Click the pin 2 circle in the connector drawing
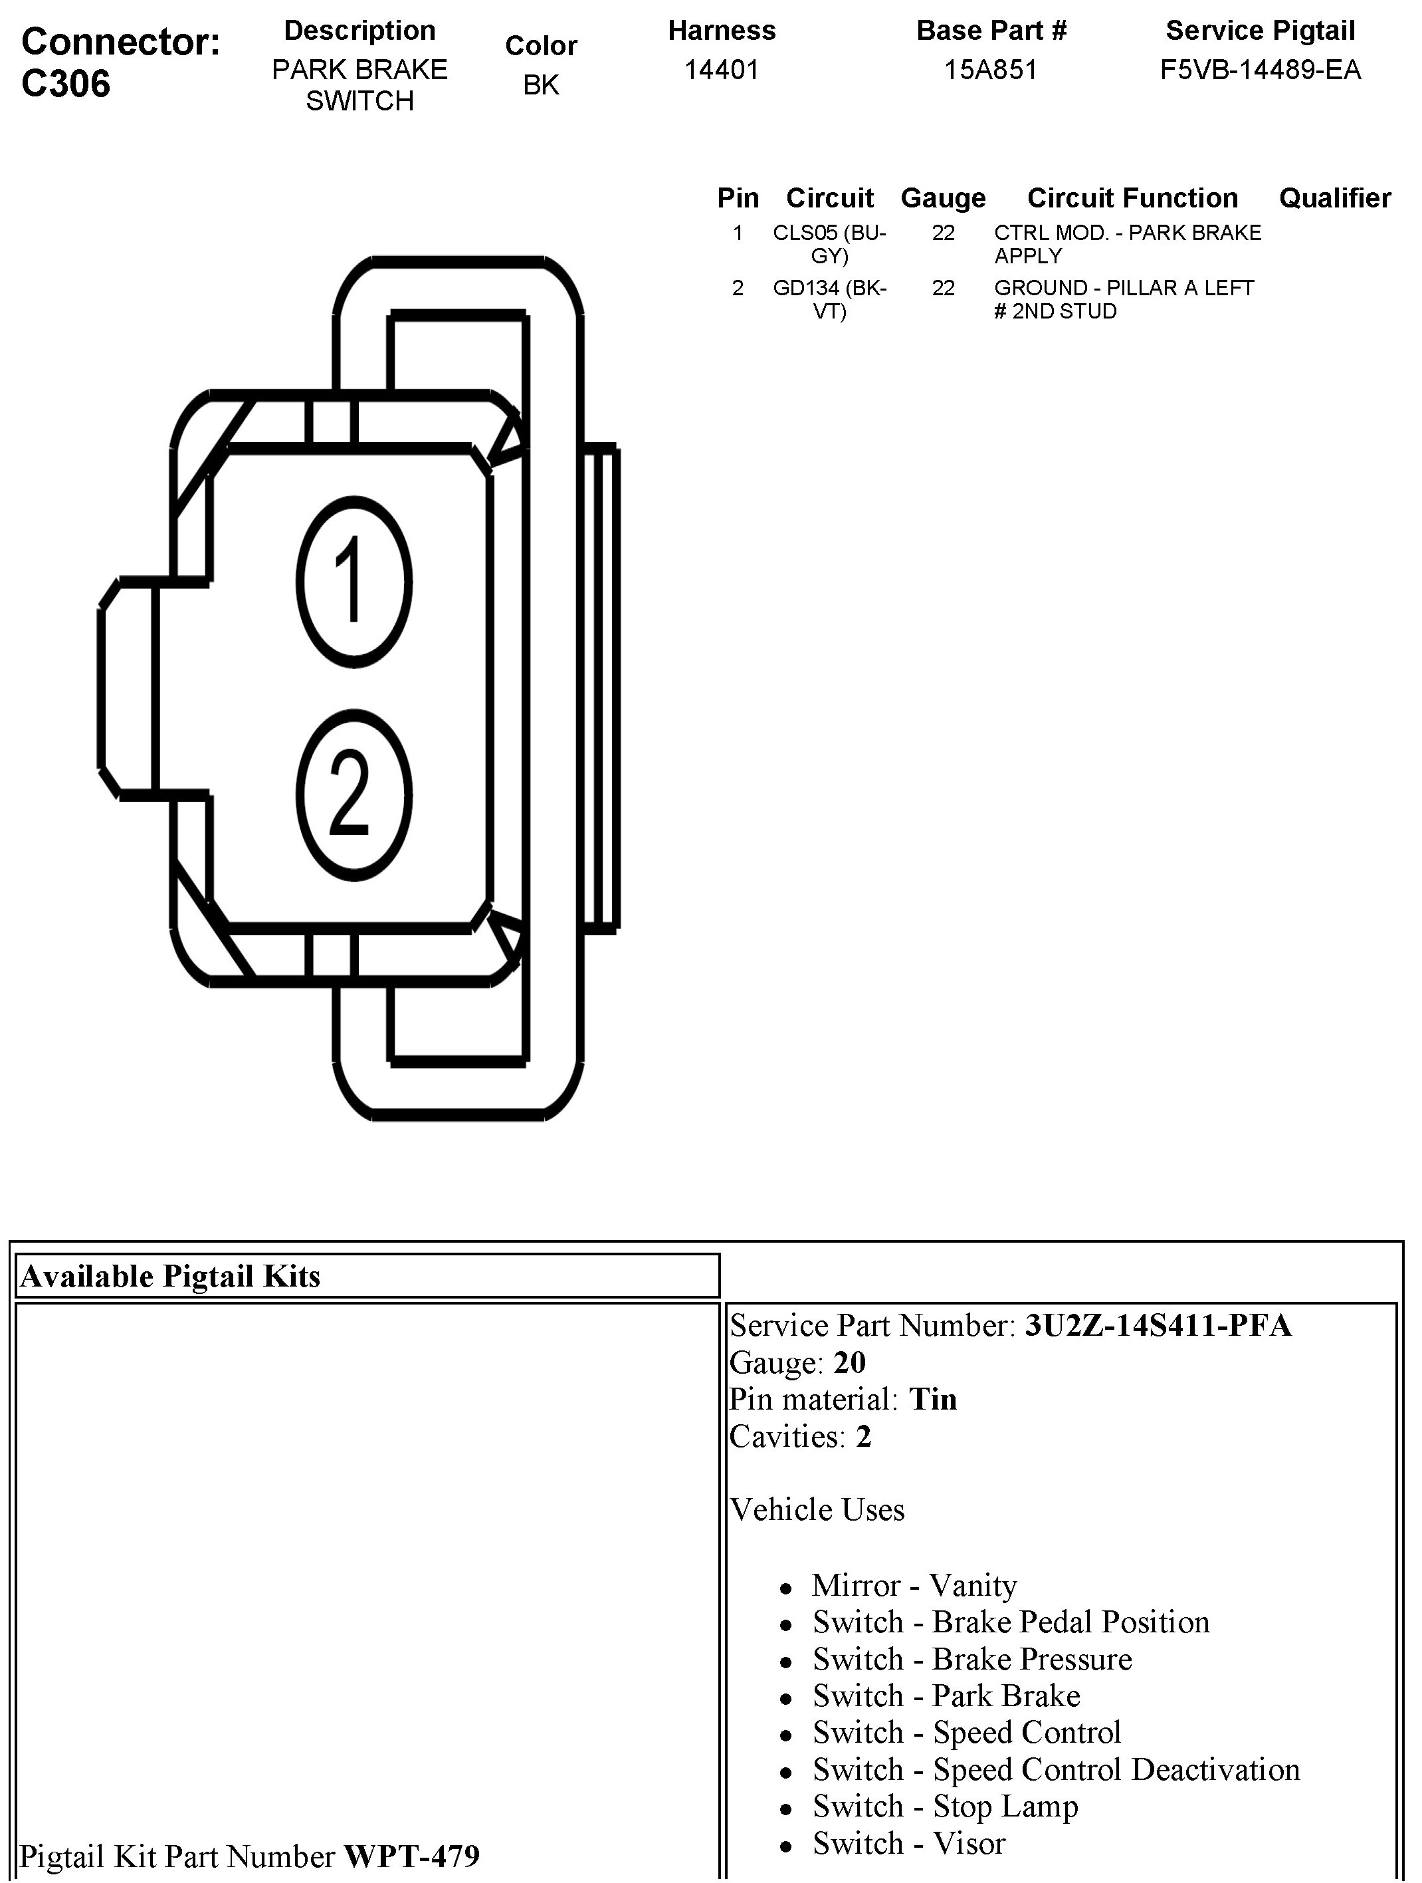[x=354, y=795]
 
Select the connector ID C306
[x=66, y=83]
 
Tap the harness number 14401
[x=721, y=70]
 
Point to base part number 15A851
[x=991, y=70]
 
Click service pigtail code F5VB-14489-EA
[x=1259, y=70]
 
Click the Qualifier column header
[x=1334, y=198]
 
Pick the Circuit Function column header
[x=1132, y=198]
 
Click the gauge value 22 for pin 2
[x=943, y=289]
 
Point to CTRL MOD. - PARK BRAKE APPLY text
[x=1127, y=244]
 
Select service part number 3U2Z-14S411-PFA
[x=1158, y=1325]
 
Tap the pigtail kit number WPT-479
[x=411, y=1856]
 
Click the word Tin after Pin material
[x=933, y=1400]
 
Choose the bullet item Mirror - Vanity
[x=914, y=1585]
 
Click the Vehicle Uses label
[x=817, y=1509]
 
